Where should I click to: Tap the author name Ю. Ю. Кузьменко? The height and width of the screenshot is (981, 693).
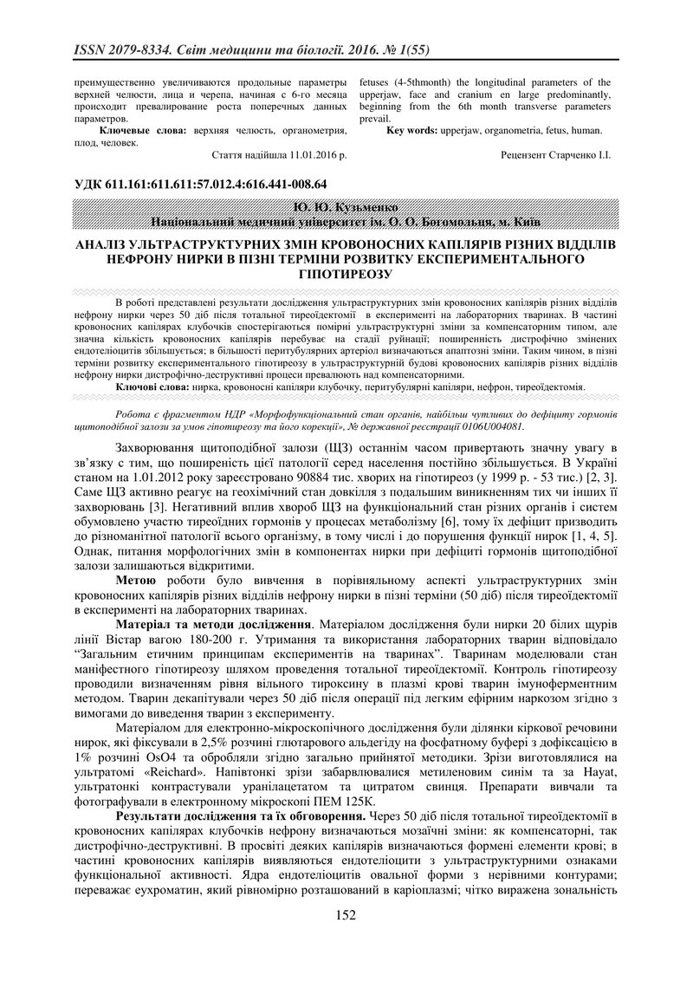point(346,208)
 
